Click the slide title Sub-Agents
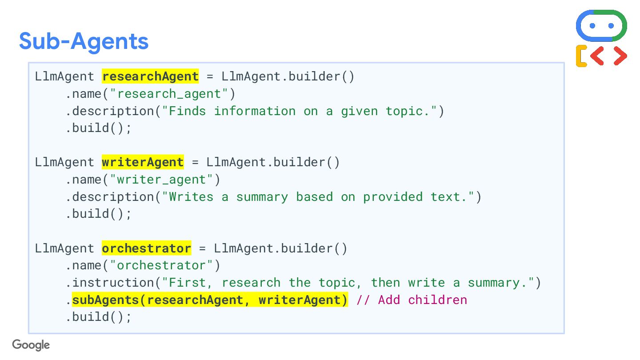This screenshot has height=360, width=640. (x=84, y=41)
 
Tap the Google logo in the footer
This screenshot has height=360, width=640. (x=31, y=345)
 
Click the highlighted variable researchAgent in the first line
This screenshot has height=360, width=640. (x=150, y=76)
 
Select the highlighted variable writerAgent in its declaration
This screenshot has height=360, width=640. (x=143, y=162)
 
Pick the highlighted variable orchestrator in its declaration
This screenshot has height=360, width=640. (x=146, y=248)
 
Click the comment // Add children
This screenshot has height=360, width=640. (x=412, y=300)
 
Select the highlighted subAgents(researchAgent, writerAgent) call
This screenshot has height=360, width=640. (x=210, y=300)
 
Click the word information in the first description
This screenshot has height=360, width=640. (x=255, y=111)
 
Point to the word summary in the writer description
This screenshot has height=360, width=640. (x=262, y=197)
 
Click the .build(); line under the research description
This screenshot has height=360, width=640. (x=99, y=128)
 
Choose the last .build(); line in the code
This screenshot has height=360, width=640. (x=99, y=317)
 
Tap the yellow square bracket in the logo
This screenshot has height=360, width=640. (x=581, y=56)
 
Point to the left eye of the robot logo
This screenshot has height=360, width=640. (x=592, y=26)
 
